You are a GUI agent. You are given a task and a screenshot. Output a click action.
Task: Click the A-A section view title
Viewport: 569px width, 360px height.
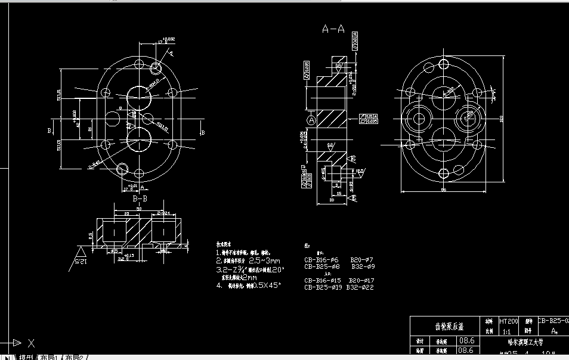[333, 28]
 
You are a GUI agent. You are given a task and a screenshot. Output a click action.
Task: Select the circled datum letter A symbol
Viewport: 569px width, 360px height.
[311, 120]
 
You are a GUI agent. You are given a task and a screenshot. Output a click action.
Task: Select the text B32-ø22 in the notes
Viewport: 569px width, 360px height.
[360, 287]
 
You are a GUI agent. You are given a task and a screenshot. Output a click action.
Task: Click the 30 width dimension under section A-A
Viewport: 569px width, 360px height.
[331, 201]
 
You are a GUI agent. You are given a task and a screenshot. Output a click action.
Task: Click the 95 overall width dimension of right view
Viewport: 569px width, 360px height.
[444, 190]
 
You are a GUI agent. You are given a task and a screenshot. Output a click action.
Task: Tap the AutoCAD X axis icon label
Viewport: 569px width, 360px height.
[31, 343]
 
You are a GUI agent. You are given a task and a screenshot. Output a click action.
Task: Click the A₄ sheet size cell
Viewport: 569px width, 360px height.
[554, 330]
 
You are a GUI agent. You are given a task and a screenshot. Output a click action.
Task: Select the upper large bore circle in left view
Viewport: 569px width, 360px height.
[139, 97]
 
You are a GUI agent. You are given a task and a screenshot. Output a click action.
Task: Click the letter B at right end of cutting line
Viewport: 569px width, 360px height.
[203, 132]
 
